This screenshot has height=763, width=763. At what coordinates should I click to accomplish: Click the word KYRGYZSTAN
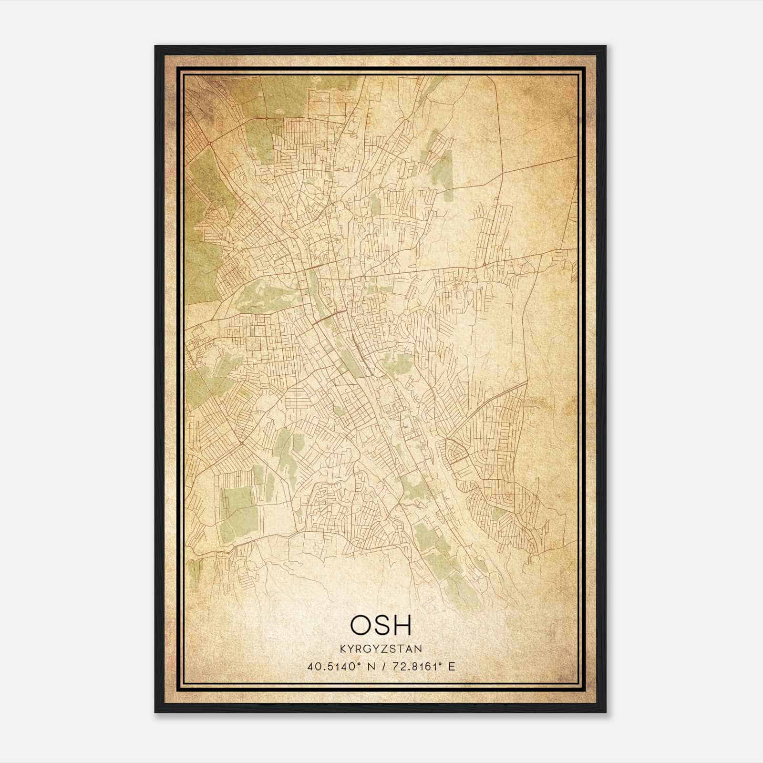point(381,649)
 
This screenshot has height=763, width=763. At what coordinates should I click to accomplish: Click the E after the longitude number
point(452,666)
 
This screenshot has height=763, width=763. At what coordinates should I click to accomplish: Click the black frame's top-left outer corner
point(155,46)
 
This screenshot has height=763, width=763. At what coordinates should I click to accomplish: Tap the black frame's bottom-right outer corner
point(606,712)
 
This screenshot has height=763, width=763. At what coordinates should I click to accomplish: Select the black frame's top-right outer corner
point(606,46)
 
